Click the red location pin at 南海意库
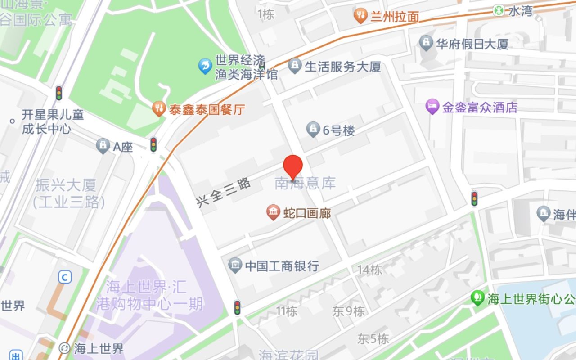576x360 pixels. pos(294,167)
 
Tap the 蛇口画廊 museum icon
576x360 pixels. pos(273,212)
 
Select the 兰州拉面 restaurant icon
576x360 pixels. pos(360,16)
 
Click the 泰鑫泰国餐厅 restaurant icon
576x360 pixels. pos(158,108)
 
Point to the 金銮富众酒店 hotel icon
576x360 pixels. pos(432,107)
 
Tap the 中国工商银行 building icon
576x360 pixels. pos(235,265)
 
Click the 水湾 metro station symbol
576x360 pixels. pos(499,10)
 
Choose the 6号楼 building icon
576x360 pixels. pos(313,130)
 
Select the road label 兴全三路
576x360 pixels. pos(224,192)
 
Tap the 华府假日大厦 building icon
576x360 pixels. pos(426,43)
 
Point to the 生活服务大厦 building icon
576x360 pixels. pos(295,66)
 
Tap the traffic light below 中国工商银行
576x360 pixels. pos(237,307)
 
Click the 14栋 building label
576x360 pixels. pos(369,270)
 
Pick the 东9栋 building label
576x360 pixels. pos(349,311)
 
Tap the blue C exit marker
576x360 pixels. pos(65,277)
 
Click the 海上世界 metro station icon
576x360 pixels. pos(64,348)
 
